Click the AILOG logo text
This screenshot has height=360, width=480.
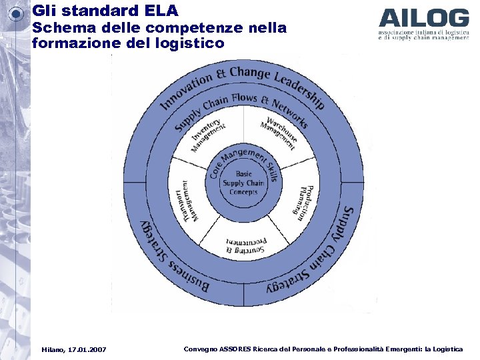(423, 18)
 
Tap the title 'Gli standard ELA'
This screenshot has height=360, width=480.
(105, 10)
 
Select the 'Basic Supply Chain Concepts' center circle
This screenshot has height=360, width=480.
(243, 183)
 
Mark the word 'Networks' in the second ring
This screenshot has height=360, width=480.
(289, 113)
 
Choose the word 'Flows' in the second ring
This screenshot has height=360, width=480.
(244, 98)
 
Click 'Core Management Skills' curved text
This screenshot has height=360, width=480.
(243, 160)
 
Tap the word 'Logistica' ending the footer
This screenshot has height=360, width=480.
(447, 349)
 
